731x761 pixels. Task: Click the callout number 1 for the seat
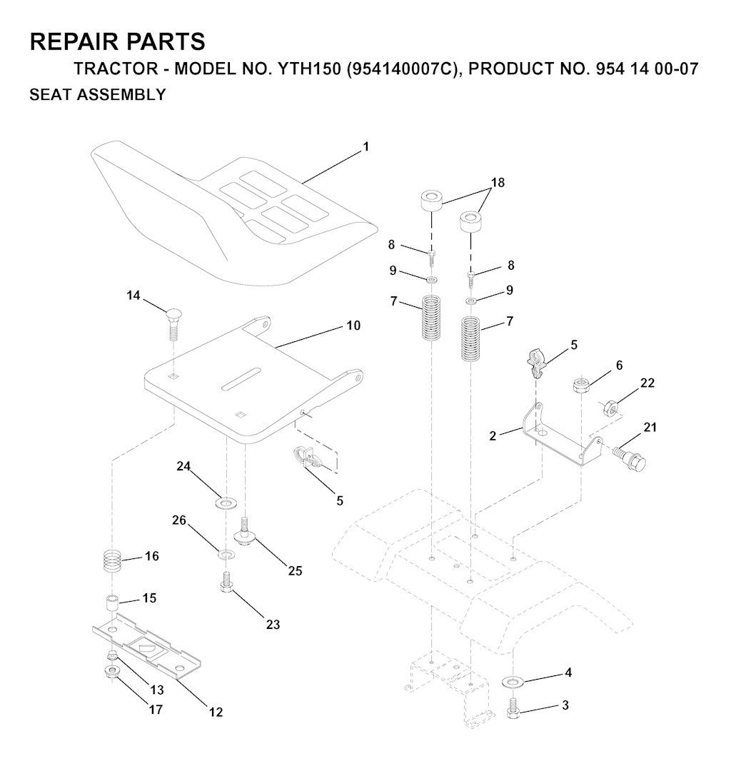click(366, 146)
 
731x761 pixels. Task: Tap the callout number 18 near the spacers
click(498, 183)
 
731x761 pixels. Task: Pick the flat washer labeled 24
click(226, 503)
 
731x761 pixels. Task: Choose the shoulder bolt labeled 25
click(245, 533)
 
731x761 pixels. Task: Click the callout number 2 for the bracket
click(493, 436)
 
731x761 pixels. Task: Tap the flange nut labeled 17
click(113, 672)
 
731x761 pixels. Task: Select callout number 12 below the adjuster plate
click(216, 712)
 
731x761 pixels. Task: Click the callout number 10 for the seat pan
click(353, 325)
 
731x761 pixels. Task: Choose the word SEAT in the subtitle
click(50, 94)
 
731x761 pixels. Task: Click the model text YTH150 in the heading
click(309, 69)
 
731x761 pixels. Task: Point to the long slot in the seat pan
click(241, 378)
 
